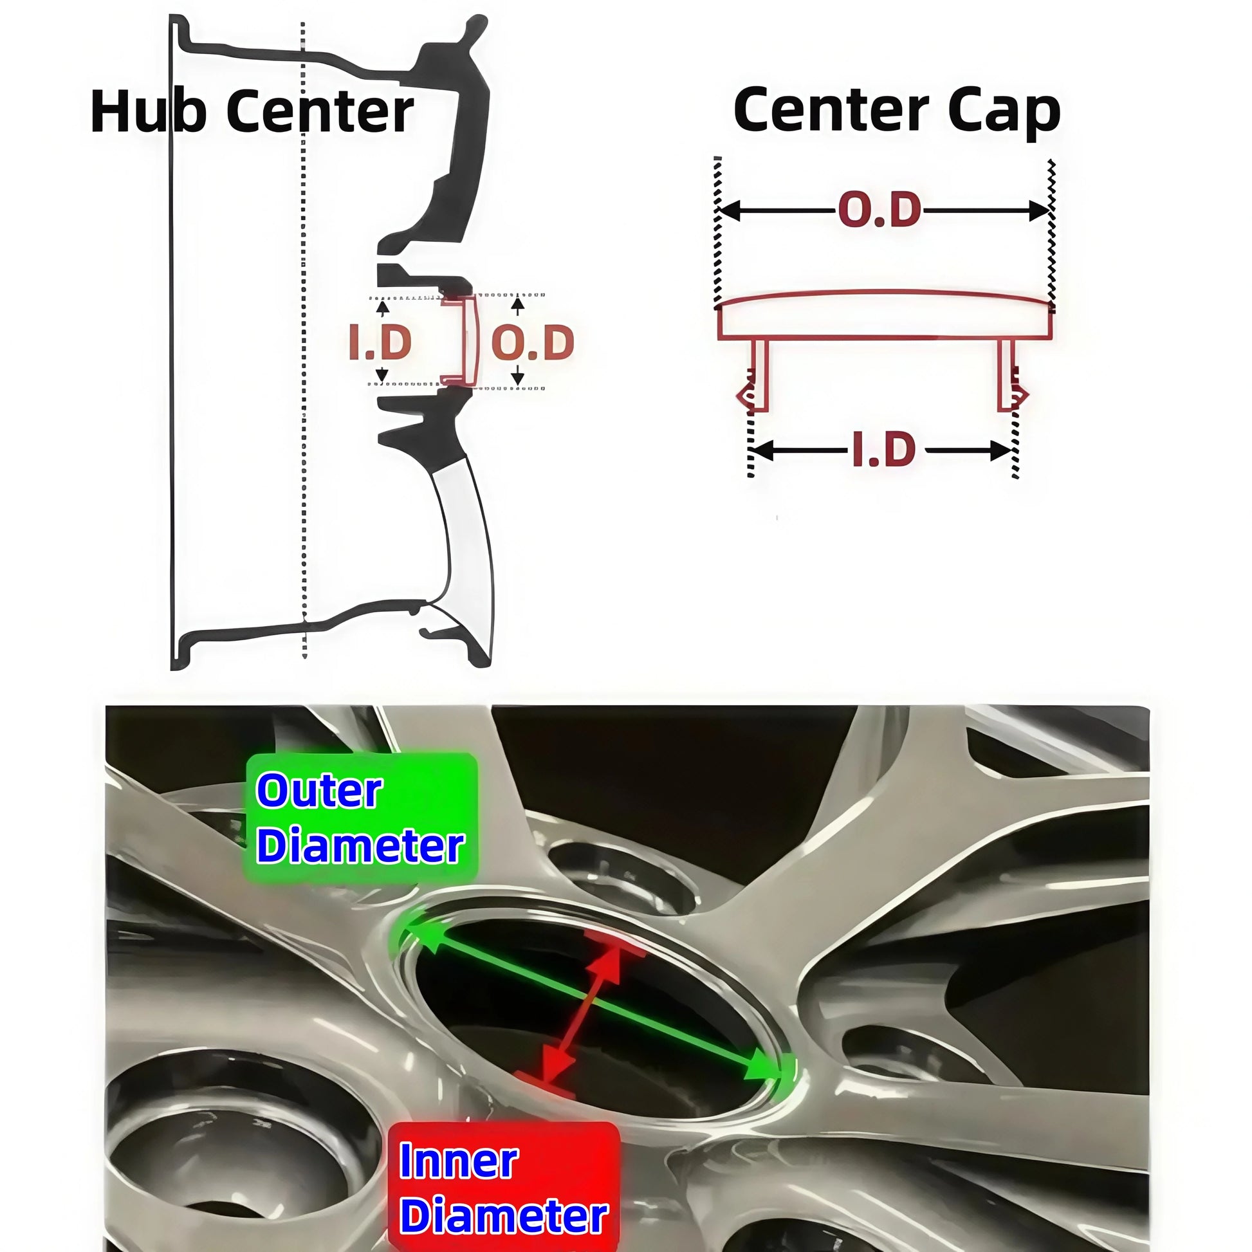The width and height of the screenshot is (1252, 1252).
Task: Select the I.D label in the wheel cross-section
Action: coord(380,342)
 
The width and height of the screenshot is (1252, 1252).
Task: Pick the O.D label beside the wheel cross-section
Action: coord(533,342)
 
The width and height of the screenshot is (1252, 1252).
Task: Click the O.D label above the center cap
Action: coord(879,210)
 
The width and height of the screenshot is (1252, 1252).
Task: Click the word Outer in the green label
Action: coord(320,791)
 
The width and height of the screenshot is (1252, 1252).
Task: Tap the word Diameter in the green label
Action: coord(360,845)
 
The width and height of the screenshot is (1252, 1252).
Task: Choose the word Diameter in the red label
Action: coord(504,1216)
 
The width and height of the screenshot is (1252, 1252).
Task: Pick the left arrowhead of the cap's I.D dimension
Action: coord(764,450)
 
